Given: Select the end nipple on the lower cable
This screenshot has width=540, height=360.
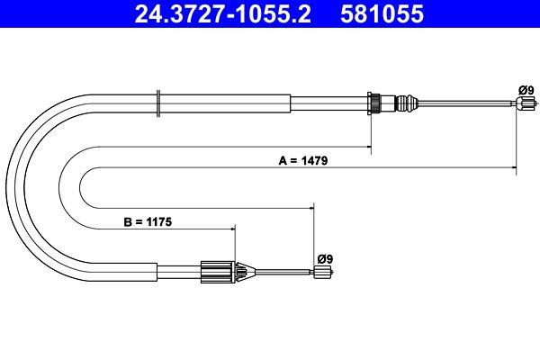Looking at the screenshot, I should [x=320, y=276].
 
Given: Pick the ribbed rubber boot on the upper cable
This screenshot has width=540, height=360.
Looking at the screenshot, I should [x=408, y=102].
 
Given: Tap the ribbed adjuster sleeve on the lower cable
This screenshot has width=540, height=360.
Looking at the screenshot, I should [x=215, y=270].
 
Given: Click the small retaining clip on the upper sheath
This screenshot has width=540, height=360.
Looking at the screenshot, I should [x=159, y=101].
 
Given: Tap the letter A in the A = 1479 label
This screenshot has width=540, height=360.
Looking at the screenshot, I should [x=282, y=162].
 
